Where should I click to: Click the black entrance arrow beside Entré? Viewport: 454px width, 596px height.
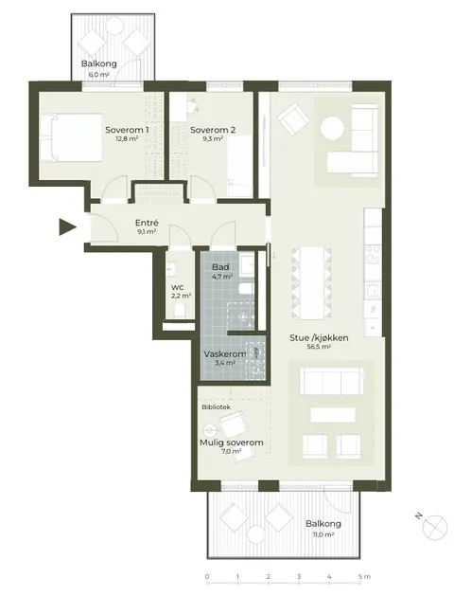(67, 226)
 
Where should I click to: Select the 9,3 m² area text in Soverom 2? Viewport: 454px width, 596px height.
(212, 138)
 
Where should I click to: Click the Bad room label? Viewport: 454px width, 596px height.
(220, 267)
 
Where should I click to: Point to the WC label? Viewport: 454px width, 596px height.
(176, 287)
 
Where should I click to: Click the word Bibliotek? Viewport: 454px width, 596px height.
(217, 407)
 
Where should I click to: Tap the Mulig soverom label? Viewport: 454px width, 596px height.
(232, 442)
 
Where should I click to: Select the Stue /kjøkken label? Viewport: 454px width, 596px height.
(319, 338)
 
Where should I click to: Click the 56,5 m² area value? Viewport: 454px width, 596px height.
(319, 347)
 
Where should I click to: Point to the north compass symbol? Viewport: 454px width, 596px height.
(436, 527)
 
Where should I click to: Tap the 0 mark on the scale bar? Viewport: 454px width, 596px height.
(207, 577)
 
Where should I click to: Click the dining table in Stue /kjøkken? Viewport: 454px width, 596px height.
(311, 282)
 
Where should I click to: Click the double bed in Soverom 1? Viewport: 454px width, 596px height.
(71, 137)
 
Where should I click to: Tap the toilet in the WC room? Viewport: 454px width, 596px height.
(179, 311)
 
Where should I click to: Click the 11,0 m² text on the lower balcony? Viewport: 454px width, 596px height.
(323, 534)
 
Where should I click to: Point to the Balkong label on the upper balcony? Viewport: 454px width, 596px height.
(98, 63)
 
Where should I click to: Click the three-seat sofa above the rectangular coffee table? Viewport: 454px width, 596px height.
(331, 381)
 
